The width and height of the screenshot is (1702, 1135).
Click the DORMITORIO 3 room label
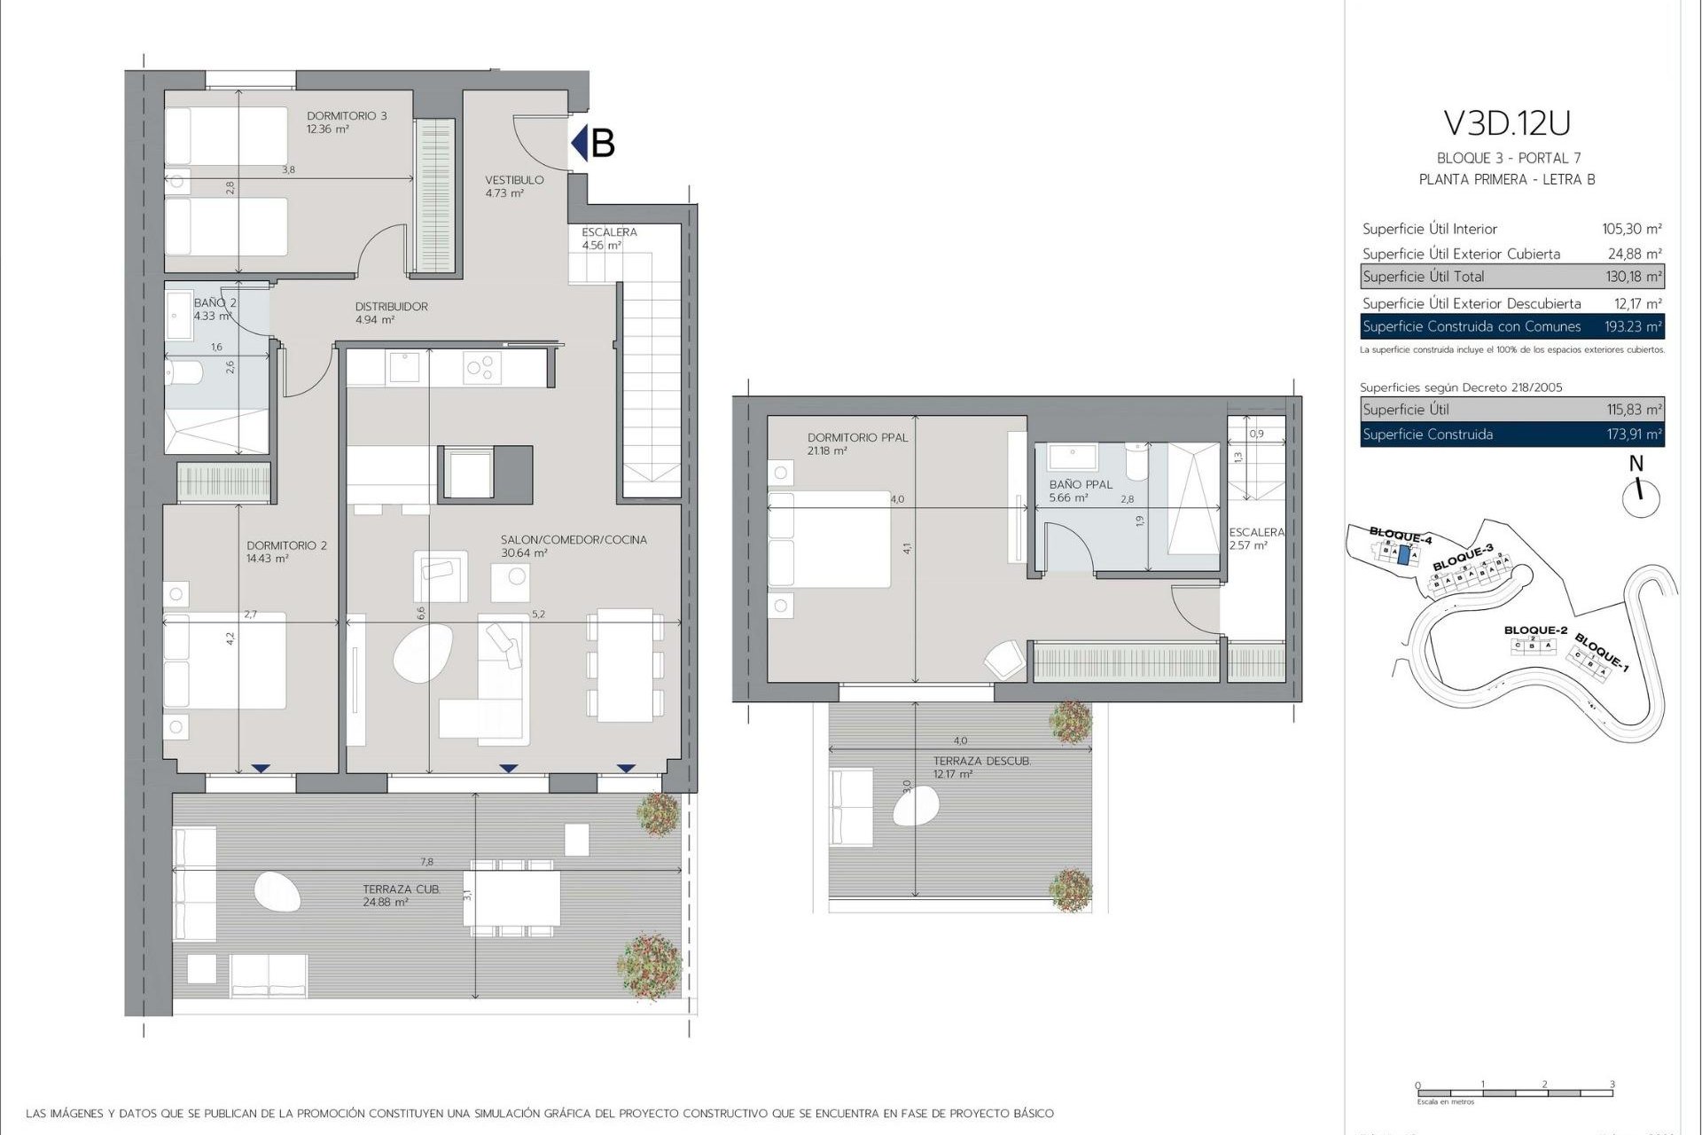coord(347,115)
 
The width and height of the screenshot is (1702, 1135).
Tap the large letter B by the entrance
coord(602,143)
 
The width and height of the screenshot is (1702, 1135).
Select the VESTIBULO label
coord(514,180)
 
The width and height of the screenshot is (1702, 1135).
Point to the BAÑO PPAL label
coord(1080,485)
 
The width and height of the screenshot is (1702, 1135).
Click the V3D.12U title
coord(1507,123)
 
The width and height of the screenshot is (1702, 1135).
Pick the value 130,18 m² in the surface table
coord(1633,277)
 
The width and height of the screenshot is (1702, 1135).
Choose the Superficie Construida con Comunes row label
coord(1472,326)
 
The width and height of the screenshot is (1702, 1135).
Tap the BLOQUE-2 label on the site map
coord(1535,630)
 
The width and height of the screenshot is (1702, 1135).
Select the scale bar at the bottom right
coord(1514,1092)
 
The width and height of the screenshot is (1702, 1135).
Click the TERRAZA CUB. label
coord(401,889)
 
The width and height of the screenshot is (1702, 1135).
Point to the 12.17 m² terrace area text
coord(952,774)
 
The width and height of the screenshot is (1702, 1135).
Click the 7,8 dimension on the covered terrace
coord(426,861)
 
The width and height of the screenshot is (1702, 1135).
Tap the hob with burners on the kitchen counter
coord(482,367)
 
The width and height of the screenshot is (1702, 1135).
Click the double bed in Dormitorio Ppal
coord(829,538)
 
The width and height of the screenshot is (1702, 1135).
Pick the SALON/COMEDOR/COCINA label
coord(574,539)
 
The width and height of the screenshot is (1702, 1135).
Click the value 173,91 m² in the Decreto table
coord(1633,434)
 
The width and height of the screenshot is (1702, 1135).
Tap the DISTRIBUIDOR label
coord(391,307)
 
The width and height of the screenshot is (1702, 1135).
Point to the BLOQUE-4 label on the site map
coord(1400,535)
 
